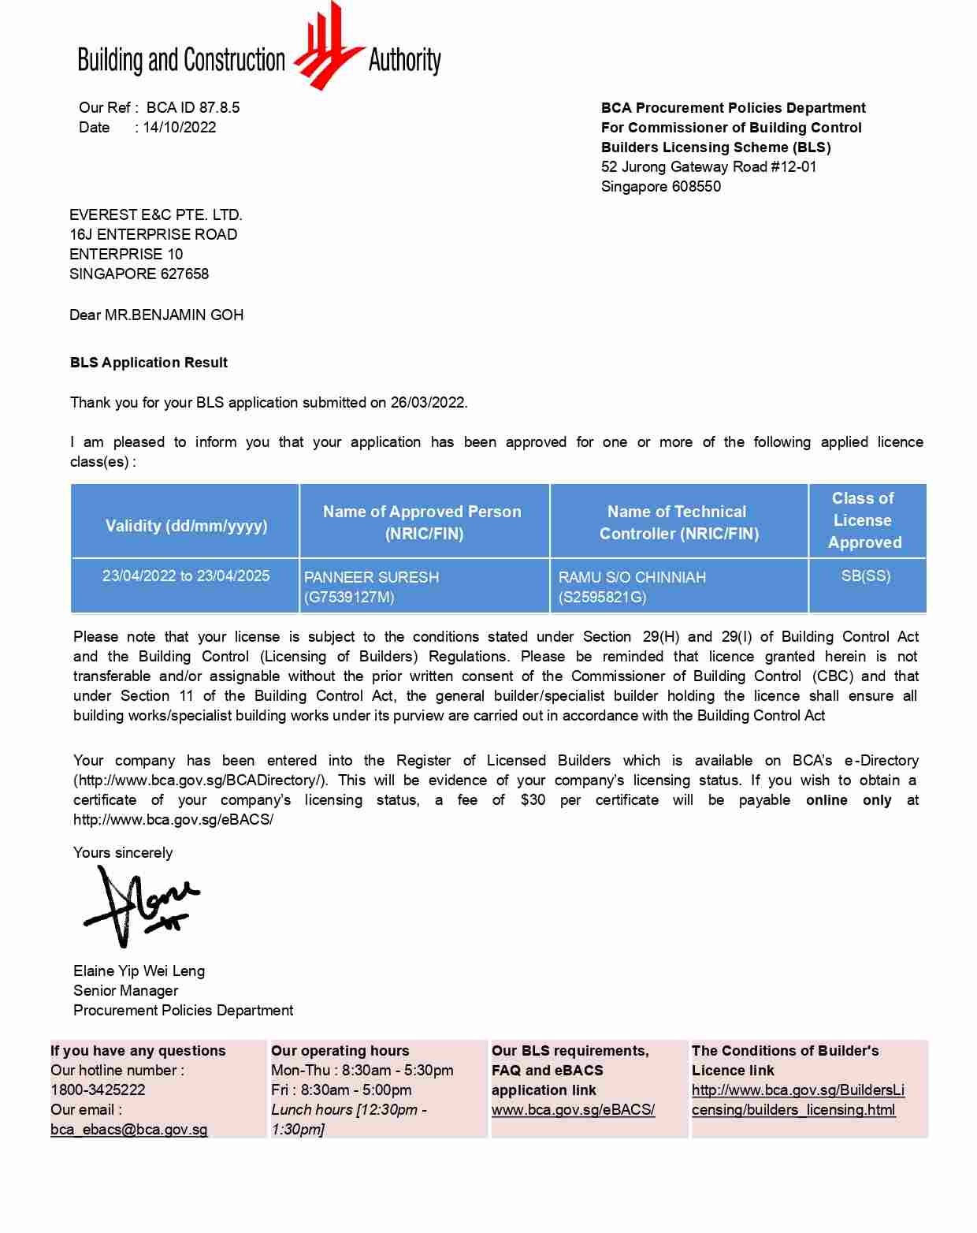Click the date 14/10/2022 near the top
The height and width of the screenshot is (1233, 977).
[180, 128]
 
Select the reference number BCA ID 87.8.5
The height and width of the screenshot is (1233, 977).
[193, 108]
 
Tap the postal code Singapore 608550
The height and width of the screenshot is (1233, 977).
[660, 187]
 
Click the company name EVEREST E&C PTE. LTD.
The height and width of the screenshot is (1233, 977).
[155, 215]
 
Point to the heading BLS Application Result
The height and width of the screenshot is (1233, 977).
[148, 363]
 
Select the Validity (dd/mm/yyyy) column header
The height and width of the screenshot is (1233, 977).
[186, 526]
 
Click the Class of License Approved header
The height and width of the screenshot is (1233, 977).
[864, 520]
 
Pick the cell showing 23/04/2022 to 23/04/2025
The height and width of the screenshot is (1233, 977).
[186, 576]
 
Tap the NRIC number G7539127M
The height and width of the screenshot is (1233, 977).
[349, 598]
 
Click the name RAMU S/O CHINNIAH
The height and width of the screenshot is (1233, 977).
[632, 577]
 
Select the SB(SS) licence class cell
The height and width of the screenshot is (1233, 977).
[865, 576]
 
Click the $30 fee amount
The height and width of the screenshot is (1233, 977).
[533, 800]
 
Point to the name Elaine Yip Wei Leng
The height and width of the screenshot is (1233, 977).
[139, 971]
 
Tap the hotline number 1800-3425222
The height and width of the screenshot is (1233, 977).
[98, 1090]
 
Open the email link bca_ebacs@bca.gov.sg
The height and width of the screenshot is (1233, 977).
[129, 1130]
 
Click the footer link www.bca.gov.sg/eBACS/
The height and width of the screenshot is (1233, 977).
[573, 1110]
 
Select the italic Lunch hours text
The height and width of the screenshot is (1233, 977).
[348, 1119]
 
